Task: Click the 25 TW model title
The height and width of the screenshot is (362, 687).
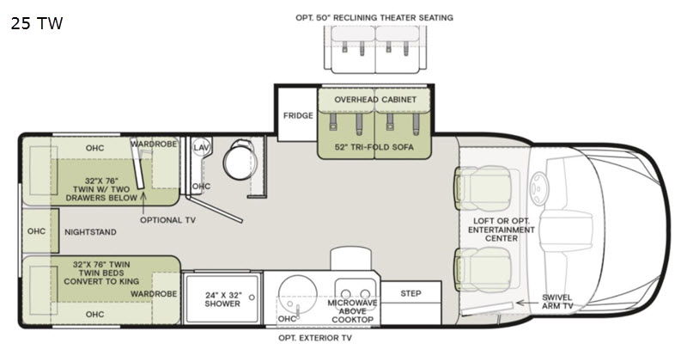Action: pyautogui.click(x=37, y=23)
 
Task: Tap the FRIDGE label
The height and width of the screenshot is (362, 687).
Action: pyautogui.click(x=298, y=116)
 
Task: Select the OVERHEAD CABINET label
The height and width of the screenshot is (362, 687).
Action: pyautogui.click(x=375, y=100)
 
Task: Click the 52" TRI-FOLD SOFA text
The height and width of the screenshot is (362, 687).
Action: pyautogui.click(x=374, y=147)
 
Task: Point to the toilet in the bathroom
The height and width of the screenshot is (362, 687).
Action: pyautogui.click(x=240, y=159)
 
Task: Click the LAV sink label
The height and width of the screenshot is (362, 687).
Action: pyautogui.click(x=201, y=147)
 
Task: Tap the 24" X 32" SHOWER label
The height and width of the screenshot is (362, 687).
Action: pyautogui.click(x=222, y=299)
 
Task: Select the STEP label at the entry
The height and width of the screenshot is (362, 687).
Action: pyautogui.click(x=410, y=293)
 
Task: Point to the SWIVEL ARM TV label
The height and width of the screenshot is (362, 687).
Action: pyautogui.click(x=556, y=302)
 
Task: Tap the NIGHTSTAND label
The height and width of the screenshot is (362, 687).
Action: pyautogui.click(x=91, y=232)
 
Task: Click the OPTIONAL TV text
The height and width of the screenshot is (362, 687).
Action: pyautogui.click(x=167, y=220)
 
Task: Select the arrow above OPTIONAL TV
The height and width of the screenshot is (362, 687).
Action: pyautogui.click(x=143, y=202)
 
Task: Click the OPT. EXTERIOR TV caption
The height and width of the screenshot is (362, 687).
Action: pyautogui.click(x=315, y=338)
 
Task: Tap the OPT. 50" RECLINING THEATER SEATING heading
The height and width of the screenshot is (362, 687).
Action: pyautogui.click(x=374, y=17)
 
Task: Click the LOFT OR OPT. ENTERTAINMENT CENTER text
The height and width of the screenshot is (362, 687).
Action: pyautogui.click(x=502, y=230)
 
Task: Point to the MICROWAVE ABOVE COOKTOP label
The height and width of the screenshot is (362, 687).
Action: pyautogui.click(x=352, y=311)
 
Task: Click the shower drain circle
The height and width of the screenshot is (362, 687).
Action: pyautogui.click(x=252, y=298)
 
